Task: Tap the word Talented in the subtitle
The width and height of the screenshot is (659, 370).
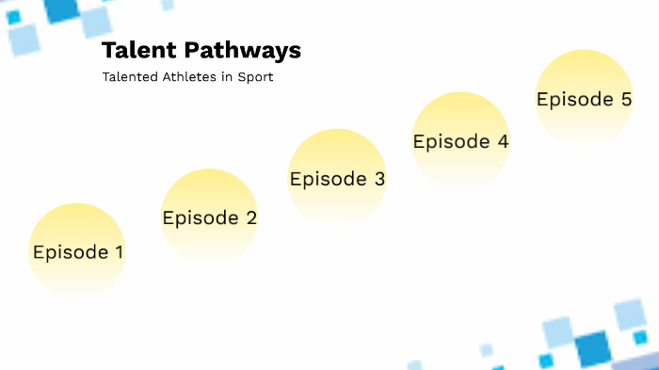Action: click(x=128, y=77)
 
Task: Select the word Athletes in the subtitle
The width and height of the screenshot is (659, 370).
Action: click(x=189, y=77)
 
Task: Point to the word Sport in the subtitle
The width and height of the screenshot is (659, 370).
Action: click(x=256, y=77)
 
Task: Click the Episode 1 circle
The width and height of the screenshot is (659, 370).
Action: click(x=77, y=250)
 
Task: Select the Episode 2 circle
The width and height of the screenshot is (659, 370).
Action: click(x=209, y=217)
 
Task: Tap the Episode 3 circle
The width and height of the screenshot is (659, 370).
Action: click(x=337, y=177)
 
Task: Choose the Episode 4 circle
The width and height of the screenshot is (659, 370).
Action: click(x=461, y=141)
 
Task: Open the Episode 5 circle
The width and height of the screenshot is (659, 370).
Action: click(x=584, y=98)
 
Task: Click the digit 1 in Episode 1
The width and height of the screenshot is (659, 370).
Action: click(x=119, y=252)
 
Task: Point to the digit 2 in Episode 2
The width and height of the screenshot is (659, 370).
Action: click(x=250, y=218)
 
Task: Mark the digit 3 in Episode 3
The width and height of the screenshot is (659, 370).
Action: click(x=379, y=179)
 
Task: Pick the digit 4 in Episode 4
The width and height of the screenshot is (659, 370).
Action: click(x=503, y=142)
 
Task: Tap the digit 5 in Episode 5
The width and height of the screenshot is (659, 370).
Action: click(x=626, y=99)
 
